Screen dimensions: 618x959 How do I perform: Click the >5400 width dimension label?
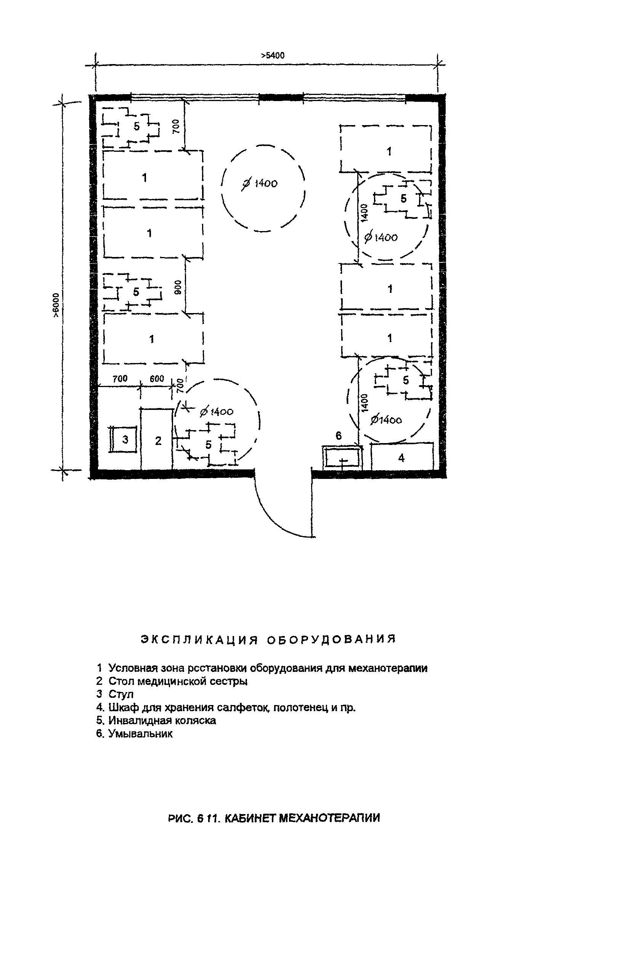[273, 55]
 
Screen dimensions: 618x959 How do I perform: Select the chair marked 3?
[125, 439]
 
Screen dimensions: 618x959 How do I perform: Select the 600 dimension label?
[157, 379]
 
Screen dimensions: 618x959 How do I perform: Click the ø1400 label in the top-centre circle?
[260, 183]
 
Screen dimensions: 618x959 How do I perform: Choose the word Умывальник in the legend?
[140, 734]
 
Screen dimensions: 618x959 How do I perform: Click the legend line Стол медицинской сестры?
[178, 681]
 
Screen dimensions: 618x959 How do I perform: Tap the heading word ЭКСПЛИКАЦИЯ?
[199, 639]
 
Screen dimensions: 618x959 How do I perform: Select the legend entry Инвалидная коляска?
[162, 721]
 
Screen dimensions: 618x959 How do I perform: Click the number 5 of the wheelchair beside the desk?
[208, 445]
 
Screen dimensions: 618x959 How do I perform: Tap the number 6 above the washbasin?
[338, 436]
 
